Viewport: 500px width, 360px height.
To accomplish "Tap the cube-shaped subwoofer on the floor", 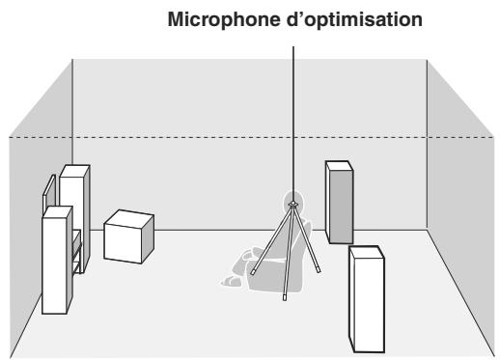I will [128, 237].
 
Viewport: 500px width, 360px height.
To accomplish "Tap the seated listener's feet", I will [232, 281].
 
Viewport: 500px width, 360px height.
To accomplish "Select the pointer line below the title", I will [292, 116].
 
